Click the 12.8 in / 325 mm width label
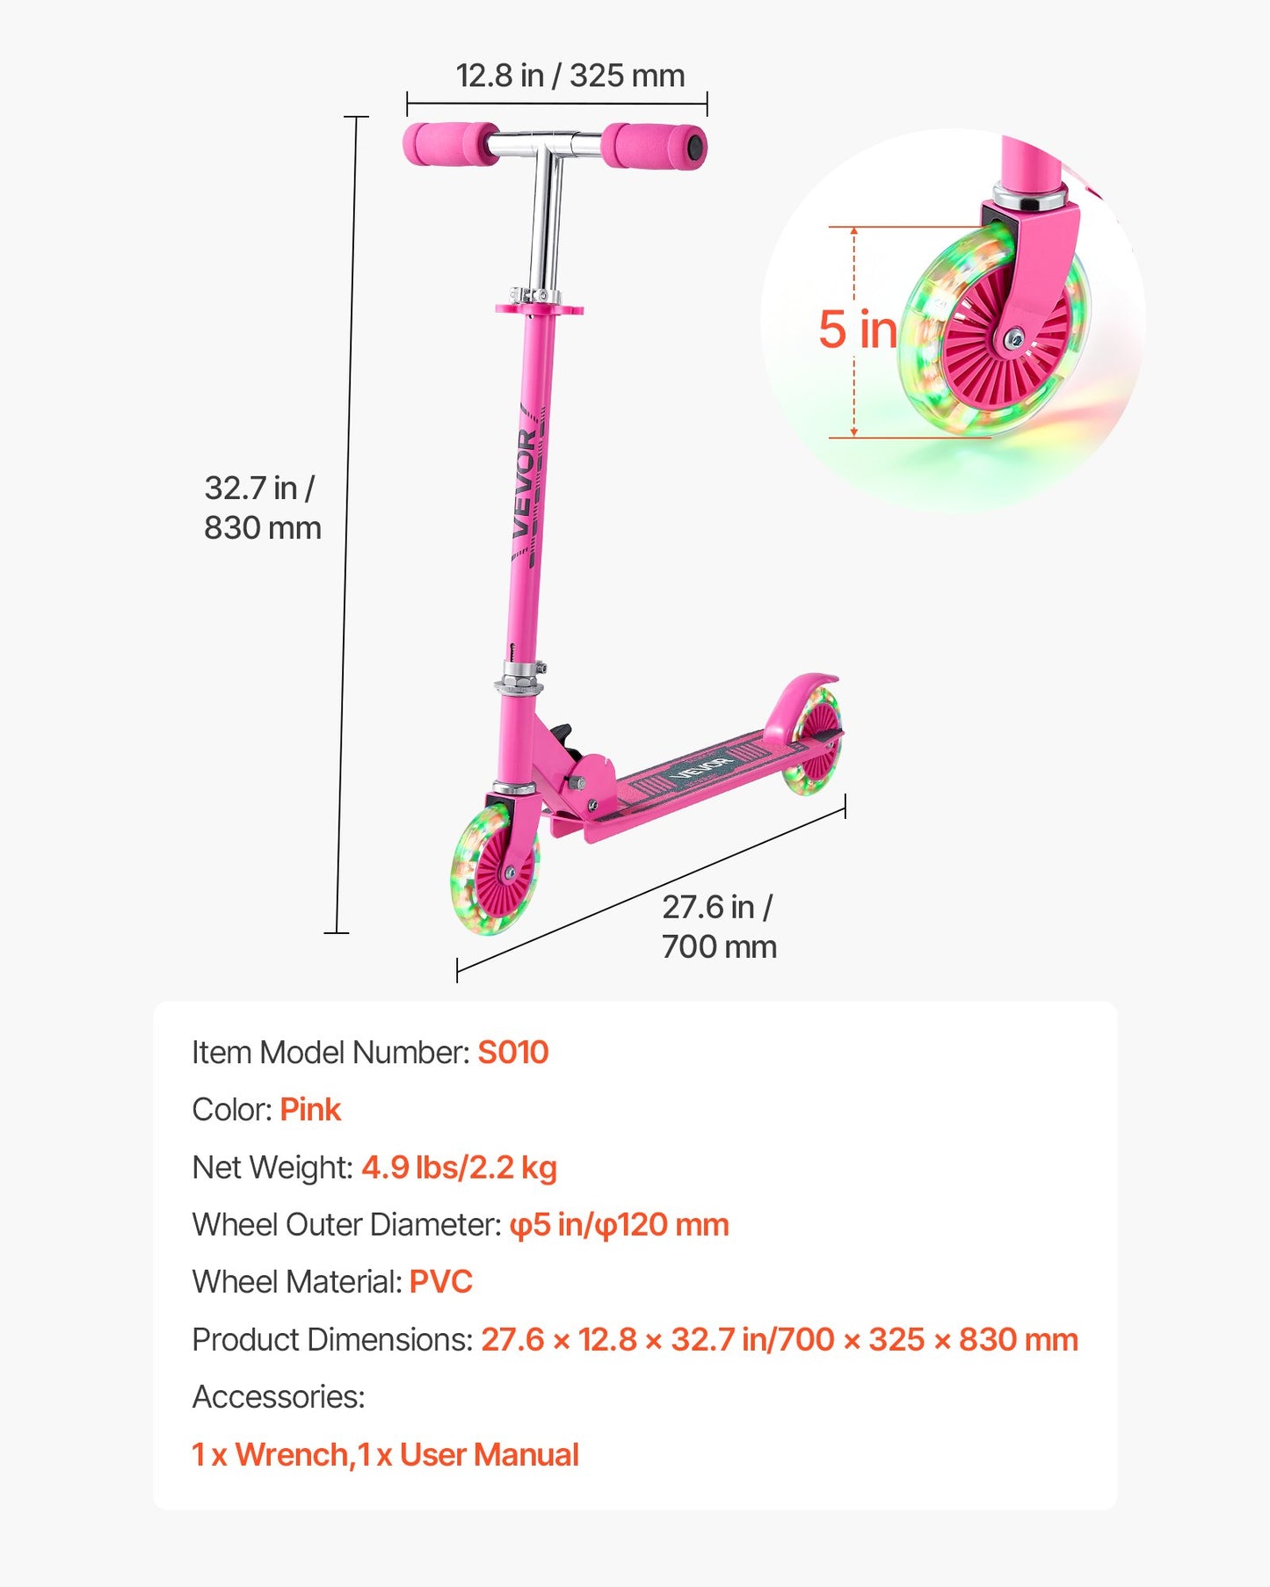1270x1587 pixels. click(x=570, y=76)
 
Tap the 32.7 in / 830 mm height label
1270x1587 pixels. click(x=262, y=508)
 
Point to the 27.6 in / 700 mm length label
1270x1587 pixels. click(x=719, y=927)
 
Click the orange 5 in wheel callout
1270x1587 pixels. click(x=857, y=330)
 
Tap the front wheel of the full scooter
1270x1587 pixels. click(x=494, y=868)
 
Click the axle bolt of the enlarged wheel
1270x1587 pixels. click(x=1014, y=337)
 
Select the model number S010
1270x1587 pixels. click(x=512, y=1052)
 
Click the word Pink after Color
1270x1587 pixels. click(x=310, y=1110)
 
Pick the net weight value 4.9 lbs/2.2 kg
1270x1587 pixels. click(x=459, y=1168)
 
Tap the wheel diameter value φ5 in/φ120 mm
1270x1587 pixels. click(x=619, y=1225)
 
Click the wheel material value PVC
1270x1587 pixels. click(x=440, y=1282)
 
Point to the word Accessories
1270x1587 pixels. click(x=278, y=1397)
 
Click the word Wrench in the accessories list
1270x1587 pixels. click(x=292, y=1455)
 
